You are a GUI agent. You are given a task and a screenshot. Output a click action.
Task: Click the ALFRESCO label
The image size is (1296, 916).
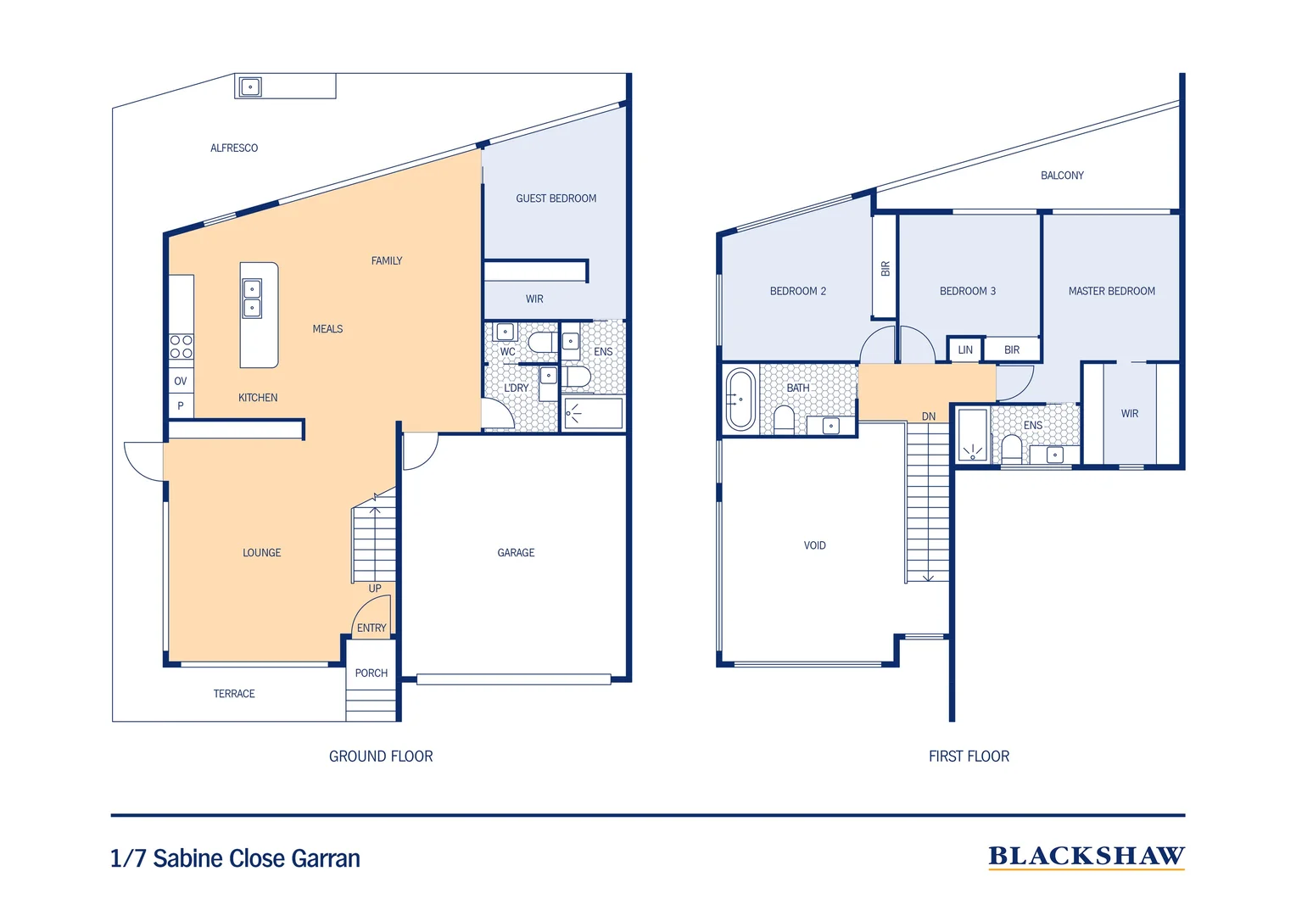[234, 148]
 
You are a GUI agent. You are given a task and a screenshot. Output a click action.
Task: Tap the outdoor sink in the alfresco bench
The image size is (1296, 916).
[250, 87]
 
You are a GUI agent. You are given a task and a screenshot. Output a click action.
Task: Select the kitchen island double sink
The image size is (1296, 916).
[252, 298]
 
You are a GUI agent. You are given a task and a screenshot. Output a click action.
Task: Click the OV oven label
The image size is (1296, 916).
[181, 381]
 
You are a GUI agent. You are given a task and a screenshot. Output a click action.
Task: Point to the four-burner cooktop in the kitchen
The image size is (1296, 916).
[182, 347]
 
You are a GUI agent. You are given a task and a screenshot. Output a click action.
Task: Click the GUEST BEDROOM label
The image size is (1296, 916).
[556, 198]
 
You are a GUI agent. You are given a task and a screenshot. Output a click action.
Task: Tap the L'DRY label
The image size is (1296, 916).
[516, 388]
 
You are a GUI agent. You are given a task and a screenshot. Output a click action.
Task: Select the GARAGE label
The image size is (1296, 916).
[516, 553]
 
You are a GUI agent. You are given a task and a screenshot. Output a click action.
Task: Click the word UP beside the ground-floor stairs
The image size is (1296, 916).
[375, 588]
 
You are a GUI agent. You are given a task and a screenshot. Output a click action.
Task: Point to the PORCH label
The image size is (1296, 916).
[371, 673]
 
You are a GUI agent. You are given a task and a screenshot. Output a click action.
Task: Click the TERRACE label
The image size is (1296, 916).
[234, 693]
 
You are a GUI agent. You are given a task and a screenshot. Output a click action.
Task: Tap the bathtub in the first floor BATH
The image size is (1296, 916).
[740, 399]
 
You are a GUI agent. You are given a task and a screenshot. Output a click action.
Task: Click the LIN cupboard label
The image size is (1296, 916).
[965, 349]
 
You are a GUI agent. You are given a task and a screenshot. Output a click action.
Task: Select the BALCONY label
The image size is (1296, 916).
[1062, 176]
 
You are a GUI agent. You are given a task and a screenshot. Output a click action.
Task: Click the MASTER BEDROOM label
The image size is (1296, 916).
[1111, 291]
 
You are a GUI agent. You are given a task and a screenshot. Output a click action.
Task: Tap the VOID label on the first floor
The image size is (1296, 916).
[814, 545]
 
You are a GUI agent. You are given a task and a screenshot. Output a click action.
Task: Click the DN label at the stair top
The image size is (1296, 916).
[929, 416]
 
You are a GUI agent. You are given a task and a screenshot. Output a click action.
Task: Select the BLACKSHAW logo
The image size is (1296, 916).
[1087, 857]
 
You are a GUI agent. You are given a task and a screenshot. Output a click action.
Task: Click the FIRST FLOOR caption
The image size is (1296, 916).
[969, 757]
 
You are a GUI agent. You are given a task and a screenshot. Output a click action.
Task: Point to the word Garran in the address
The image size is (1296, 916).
[326, 858]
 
